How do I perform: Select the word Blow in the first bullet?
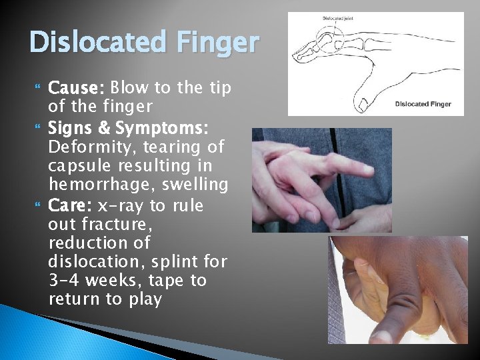point(130,88)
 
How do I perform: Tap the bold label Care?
point(70,205)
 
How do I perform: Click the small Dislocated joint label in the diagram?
point(339,18)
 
